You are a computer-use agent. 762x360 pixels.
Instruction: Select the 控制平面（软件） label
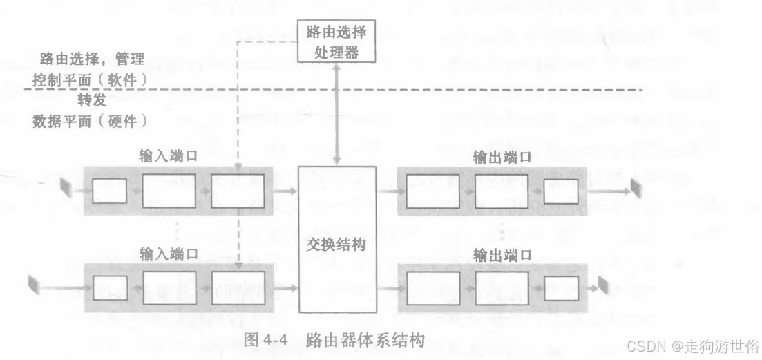(x=90, y=81)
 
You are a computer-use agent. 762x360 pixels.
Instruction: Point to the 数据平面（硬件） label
(x=90, y=122)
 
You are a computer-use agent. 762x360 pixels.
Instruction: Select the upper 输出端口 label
(x=502, y=157)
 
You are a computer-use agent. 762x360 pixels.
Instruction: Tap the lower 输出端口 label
(x=502, y=255)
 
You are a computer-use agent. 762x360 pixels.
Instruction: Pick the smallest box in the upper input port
(x=109, y=191)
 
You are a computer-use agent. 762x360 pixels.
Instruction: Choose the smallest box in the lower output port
(x=560, y=289)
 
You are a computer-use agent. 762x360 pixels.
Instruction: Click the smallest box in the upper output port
(x=560, y=191)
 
